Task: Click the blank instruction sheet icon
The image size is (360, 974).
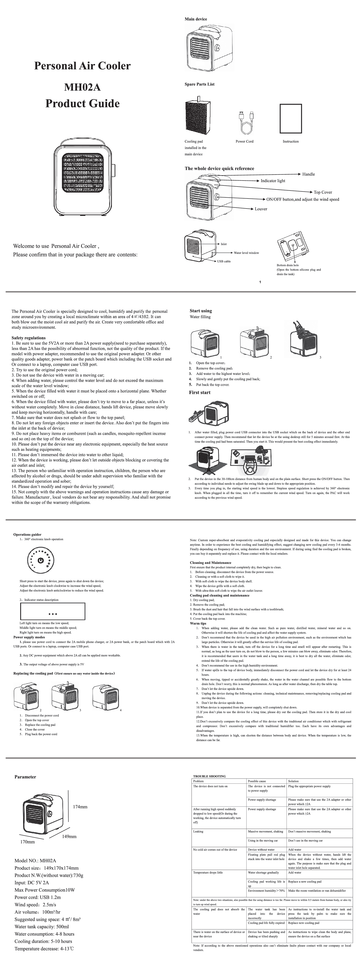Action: [x=291, y=118]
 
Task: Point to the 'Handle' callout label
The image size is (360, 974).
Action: [x=308, y=174]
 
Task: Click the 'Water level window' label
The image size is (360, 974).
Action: [x=246, y=253]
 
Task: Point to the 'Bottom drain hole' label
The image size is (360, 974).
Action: [x=287, y=265]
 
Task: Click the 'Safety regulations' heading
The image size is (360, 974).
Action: [x=28, y=338]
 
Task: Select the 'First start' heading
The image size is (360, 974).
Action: [x=200, y=392]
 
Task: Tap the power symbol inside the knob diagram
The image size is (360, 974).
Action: [x=40, y=561]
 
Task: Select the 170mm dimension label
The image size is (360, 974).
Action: [x=27, y=842]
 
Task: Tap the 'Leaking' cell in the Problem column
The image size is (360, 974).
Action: [x=198, y=831]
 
